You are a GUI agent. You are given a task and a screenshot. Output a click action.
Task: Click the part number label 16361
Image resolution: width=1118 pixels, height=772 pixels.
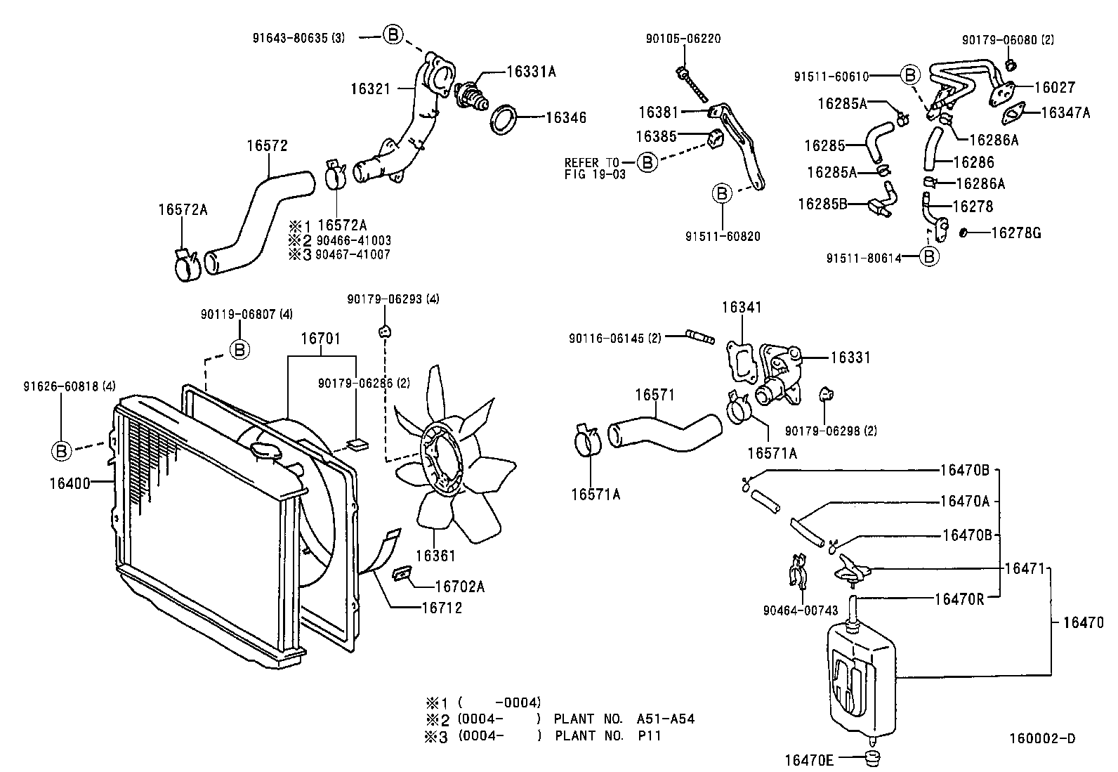point(435,556)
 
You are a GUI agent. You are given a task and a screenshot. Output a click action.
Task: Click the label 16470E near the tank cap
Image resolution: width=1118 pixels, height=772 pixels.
point(808,759)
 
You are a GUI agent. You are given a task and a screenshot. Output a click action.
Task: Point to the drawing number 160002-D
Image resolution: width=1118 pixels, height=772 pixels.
point(1041,738)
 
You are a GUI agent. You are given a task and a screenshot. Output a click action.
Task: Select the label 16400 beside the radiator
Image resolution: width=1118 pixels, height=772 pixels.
point(70,483)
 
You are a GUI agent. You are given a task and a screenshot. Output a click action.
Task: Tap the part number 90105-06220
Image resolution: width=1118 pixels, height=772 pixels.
point(683,39)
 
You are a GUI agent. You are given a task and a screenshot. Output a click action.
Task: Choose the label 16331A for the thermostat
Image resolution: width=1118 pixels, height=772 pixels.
point(532,71)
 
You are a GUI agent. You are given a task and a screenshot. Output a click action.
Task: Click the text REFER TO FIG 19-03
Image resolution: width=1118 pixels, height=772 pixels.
point(594,169)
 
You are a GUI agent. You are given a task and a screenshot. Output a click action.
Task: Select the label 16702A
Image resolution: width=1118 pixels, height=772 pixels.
point(459,586)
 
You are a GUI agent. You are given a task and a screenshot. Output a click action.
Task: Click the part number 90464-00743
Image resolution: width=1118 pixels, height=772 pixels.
point(800,610)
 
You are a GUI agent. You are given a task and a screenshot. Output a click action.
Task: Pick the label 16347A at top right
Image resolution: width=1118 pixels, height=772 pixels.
point(1065,112)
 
